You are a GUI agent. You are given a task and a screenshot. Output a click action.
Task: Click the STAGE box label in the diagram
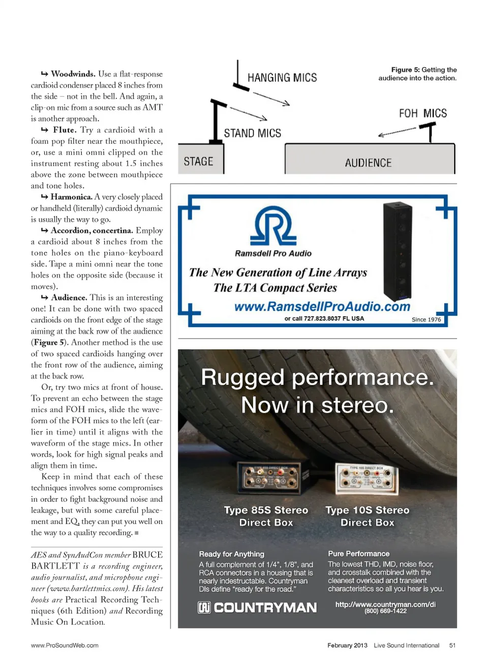coord(198,161)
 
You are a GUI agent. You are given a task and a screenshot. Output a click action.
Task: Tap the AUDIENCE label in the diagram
coord(368,163)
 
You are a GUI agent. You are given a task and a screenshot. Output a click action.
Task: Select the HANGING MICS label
coord(282,78)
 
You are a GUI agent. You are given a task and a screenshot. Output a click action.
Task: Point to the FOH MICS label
coord(422,113)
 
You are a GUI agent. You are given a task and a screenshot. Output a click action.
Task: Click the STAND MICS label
coord(253,133)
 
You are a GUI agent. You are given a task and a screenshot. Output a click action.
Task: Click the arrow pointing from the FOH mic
coord(398,132)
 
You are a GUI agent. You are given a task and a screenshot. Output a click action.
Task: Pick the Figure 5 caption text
coord(417,74)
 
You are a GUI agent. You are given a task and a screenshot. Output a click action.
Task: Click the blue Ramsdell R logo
coord(273,226)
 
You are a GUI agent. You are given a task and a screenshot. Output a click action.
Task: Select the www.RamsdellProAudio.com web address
coord(322,307)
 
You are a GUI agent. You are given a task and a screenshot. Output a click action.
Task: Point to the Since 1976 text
coord(426,319)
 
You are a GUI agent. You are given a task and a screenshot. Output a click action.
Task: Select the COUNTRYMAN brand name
coord(258,608)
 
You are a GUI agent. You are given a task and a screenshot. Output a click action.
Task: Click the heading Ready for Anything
coord(231,554)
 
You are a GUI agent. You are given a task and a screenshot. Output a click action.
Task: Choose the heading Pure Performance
coord(358,554)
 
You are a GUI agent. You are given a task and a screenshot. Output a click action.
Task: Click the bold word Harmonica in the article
coord(72,197)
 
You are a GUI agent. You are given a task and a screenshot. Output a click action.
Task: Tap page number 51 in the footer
coord(452,645)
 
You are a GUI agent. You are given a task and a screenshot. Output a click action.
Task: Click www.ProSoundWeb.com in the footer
coord(65,645)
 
